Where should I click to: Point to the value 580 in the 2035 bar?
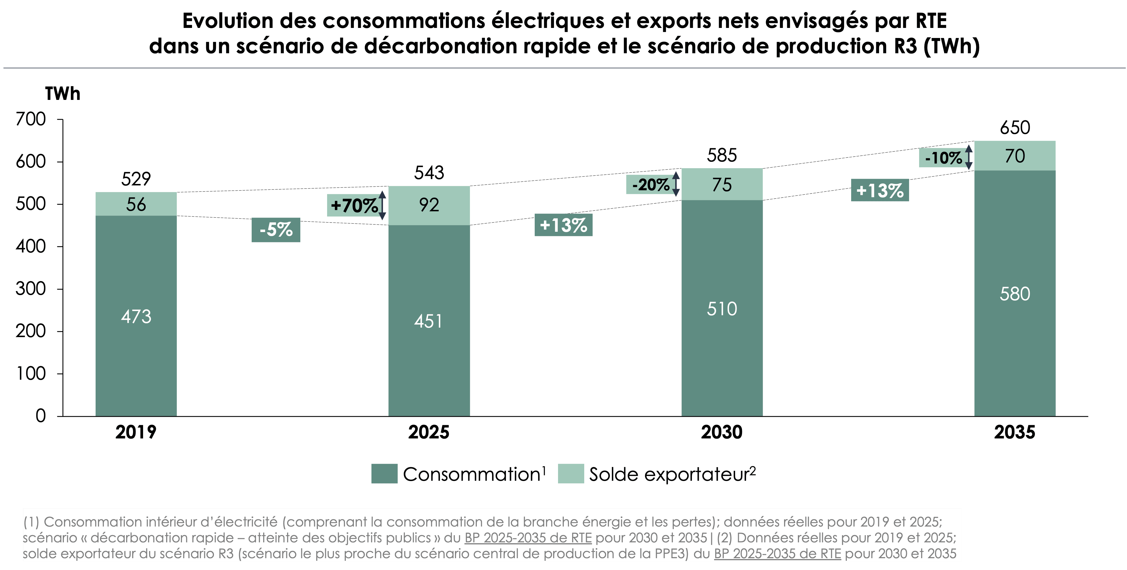click(1015, 294)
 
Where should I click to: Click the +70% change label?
click(354, 206)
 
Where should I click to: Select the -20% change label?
click(650, 185)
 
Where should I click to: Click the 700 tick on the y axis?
click(31, 119)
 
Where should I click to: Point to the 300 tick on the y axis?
click(31, 289)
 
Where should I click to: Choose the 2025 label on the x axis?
click(429, 432)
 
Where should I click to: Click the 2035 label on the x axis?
click(1015, 432)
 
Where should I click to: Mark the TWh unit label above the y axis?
click(62, 94)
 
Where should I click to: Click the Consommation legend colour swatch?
click(384, 474)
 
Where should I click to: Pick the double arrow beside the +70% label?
click(383, 206)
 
